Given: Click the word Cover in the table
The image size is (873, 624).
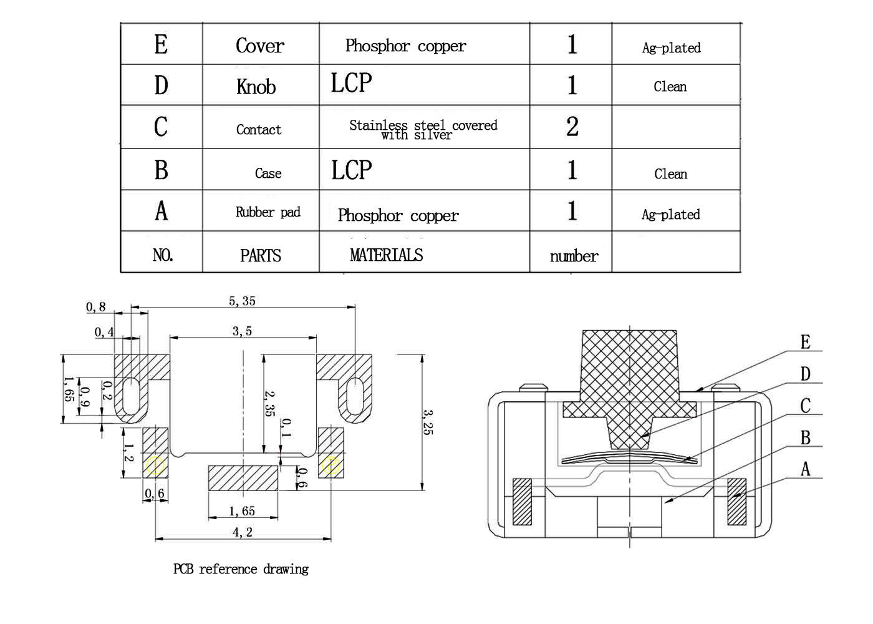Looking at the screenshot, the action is point(260,46).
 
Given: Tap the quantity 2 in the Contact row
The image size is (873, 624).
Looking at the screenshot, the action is point(572,126).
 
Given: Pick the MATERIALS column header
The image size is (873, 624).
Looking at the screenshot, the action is point(386,255).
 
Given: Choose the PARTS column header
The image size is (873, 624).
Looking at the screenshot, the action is point(261,256).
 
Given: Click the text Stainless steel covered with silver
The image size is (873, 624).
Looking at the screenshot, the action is point(423,130).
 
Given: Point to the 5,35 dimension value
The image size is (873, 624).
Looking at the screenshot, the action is point(242,301).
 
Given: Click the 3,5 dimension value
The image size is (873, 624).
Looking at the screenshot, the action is point(242,331).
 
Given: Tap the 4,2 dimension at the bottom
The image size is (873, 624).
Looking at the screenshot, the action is point(243,532).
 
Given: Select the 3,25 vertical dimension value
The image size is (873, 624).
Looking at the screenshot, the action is point(428,422).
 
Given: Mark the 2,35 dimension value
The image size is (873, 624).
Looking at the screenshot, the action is point(269,404).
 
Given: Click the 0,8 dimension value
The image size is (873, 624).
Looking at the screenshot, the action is point(96,307).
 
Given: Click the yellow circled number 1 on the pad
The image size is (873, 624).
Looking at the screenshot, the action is point(155,466).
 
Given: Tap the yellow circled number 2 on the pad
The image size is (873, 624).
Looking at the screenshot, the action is point(331,466).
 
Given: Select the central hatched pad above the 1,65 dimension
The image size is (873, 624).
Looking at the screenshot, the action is point(243,478).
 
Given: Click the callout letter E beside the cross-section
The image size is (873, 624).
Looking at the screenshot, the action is point(806,342).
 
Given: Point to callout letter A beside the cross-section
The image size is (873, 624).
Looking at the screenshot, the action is point(806,469).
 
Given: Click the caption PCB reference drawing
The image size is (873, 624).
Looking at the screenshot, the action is point(241,569).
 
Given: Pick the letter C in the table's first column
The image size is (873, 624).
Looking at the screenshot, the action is point(161,127).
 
